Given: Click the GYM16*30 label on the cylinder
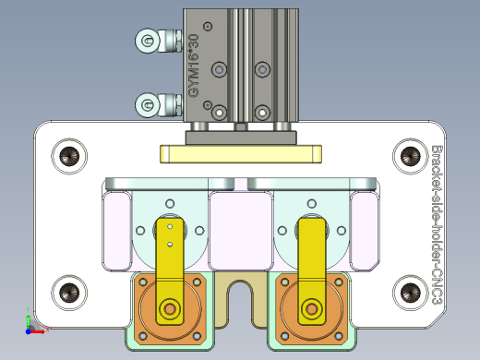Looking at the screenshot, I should pos(193,66).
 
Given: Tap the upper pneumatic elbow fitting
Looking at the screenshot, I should pos(156,40).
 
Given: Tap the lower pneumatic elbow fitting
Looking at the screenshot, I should pos(156,105).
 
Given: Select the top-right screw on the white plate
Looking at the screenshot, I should pos(407,156).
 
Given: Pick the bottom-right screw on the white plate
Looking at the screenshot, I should pos(407,294).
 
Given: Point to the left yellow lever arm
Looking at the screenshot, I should pos(170,258).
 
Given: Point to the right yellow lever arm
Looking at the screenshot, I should pos(312,258).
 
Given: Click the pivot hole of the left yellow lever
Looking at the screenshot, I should pos(170,308).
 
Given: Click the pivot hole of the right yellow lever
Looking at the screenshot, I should pos(312,308).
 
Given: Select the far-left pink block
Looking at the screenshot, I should pos(116,231).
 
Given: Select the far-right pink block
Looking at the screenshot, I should pos(365,231).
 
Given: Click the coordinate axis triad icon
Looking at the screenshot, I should pos(30,325).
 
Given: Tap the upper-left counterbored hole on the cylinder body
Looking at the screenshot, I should pos(218,69).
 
